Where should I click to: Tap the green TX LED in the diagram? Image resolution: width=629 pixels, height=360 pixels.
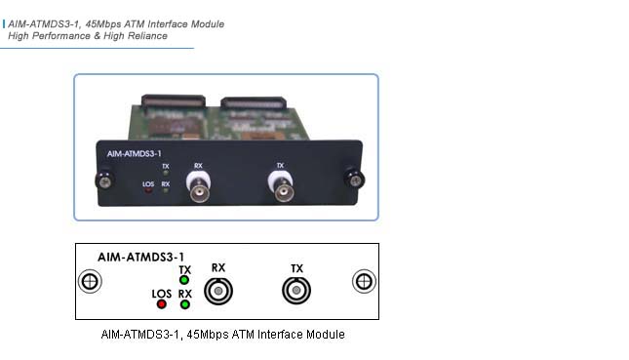(184, 281)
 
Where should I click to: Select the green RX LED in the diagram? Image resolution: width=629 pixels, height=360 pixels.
(184, 303)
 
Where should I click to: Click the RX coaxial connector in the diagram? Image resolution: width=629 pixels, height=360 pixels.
(217, 291)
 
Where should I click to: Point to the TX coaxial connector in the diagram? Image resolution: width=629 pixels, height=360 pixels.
(296, 291)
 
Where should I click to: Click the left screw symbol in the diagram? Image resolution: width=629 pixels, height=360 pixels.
(89, 282)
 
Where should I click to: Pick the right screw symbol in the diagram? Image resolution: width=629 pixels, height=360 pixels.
(363, 282)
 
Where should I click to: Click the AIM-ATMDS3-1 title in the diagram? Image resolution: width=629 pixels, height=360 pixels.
(140, 256)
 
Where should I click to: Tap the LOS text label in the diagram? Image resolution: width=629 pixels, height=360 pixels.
(161, 292)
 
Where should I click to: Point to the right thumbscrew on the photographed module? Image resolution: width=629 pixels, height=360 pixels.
(356, 179)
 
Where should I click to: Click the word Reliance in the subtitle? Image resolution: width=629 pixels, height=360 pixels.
(143, 36)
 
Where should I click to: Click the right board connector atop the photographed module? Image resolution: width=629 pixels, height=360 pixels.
(255, 100)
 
